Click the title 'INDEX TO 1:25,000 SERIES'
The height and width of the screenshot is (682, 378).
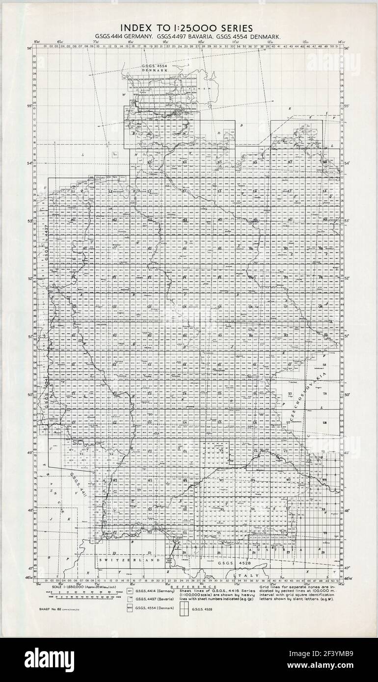[189, 28]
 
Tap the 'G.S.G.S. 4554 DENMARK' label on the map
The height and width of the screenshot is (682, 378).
[155, 68]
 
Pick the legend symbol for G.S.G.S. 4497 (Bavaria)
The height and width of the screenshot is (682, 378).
[131, 600]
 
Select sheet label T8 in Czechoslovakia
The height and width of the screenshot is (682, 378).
[324, 394]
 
